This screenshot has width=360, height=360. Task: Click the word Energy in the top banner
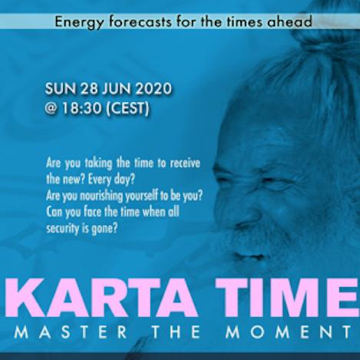(x=79, y=22)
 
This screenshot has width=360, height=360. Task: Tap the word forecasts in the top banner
(x=140, y=21)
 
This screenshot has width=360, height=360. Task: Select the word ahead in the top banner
(x=289, y=21)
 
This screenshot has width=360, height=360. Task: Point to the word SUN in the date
(x=61, y=89)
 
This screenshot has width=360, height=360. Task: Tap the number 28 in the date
(x=89, y=89)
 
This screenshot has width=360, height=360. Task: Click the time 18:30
(x=81, y=108)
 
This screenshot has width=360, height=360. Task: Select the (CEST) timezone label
(x=127, y=109)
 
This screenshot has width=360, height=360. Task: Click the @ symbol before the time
(x=51, y=108)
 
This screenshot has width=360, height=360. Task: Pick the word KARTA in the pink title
(x=102, y=298)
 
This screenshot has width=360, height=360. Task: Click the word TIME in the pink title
(x=287, y=298)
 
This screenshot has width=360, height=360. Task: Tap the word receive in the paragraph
(x=185, y=163)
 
